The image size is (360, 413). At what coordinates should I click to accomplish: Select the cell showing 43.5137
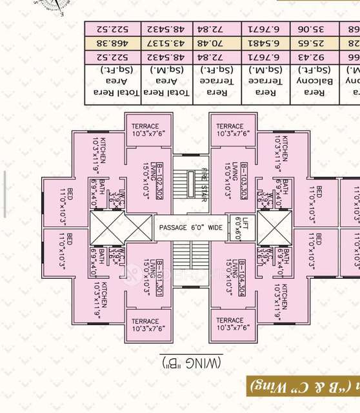click(x=168, y=43)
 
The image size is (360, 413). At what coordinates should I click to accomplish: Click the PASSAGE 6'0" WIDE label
click(x=189, y=227)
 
